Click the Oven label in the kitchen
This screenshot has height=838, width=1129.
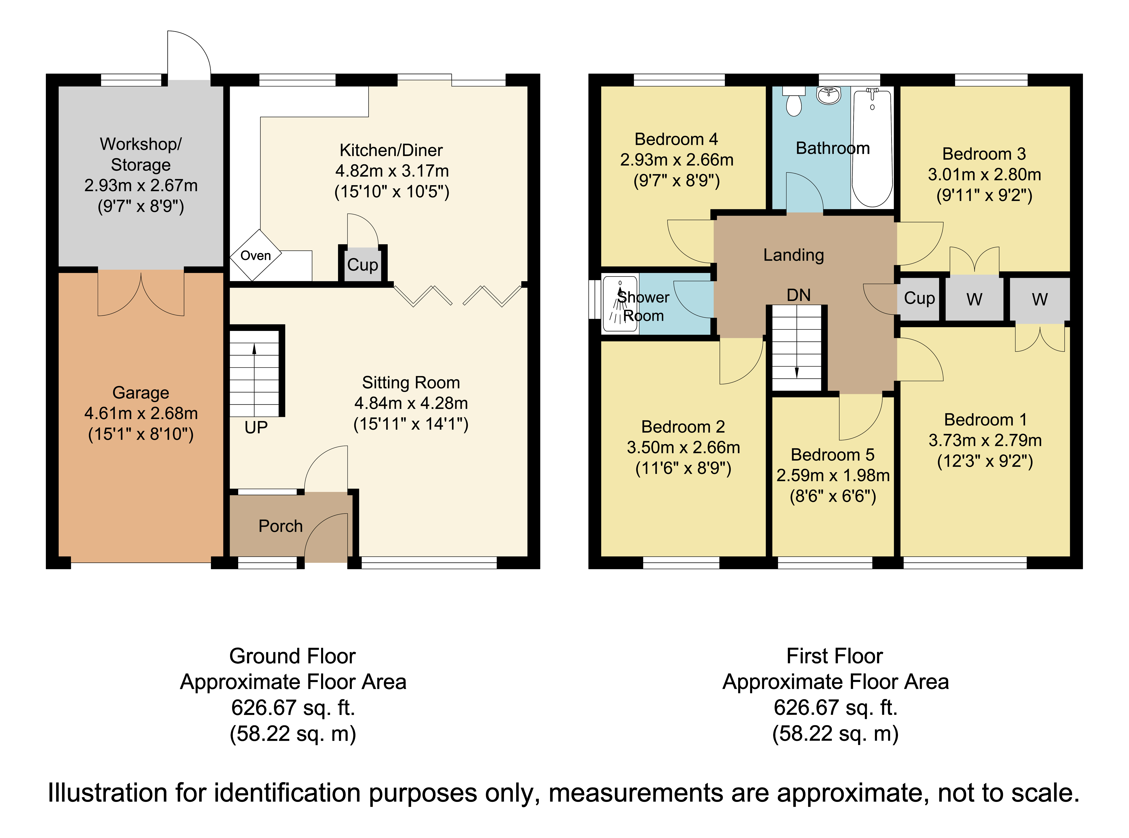(x=255, y=256)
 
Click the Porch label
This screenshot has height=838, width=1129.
(x=281, y=526)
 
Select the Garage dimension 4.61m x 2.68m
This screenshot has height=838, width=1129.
(x=141, y=413)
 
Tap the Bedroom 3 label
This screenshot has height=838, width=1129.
(x=984, y=154)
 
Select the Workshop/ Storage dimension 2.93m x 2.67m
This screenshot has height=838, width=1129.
(x=141, y=186)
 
